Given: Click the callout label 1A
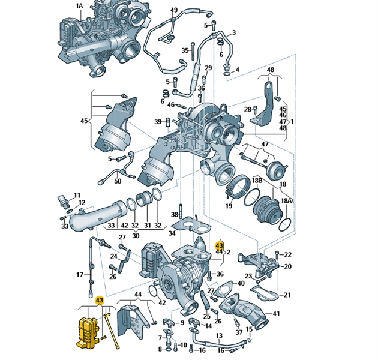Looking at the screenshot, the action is coord(79,6).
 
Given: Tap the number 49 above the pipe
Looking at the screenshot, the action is coord(174,10).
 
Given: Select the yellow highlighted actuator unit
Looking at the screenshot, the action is coord(88,333).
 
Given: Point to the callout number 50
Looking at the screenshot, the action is coord(118,181).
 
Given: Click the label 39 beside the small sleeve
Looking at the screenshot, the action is coord(158,122).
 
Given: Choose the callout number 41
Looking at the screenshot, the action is coord(276,314).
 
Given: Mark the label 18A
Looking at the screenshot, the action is coord(286,200).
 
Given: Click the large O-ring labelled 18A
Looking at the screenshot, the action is coord(285,224).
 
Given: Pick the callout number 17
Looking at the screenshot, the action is coord(80,275).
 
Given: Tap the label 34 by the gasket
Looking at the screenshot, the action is coord(172,233).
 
